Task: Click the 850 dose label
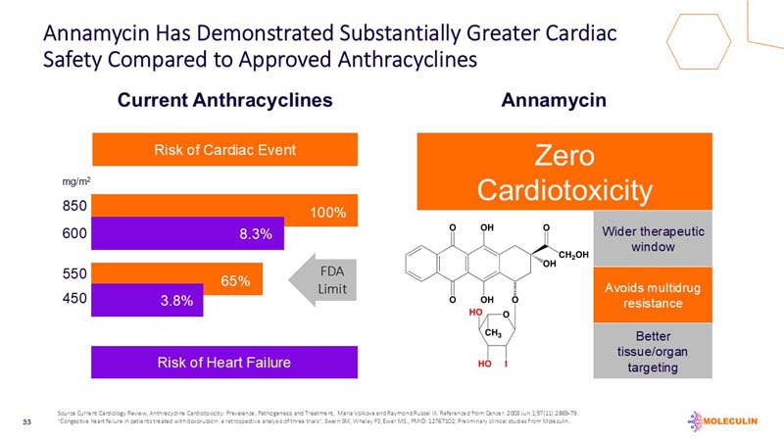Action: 74,207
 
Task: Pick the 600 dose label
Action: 74,234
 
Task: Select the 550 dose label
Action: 74,276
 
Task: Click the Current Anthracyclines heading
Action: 225,100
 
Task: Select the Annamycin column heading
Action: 554,100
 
